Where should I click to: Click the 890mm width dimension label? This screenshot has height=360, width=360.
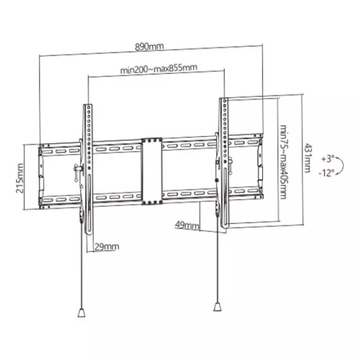point(149,46)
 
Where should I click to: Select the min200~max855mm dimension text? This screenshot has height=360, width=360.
point(159,69)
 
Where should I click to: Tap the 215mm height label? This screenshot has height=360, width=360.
point(20,178)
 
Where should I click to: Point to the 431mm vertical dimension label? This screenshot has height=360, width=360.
point(307,158)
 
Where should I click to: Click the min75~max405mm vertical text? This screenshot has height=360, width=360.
point(284,162)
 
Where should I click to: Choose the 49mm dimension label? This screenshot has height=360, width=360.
point(187,225)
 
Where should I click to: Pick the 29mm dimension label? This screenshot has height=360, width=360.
point(107,247)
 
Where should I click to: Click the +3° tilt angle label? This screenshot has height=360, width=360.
point(327,159)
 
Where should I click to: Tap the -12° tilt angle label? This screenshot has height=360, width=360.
point(326,173)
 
